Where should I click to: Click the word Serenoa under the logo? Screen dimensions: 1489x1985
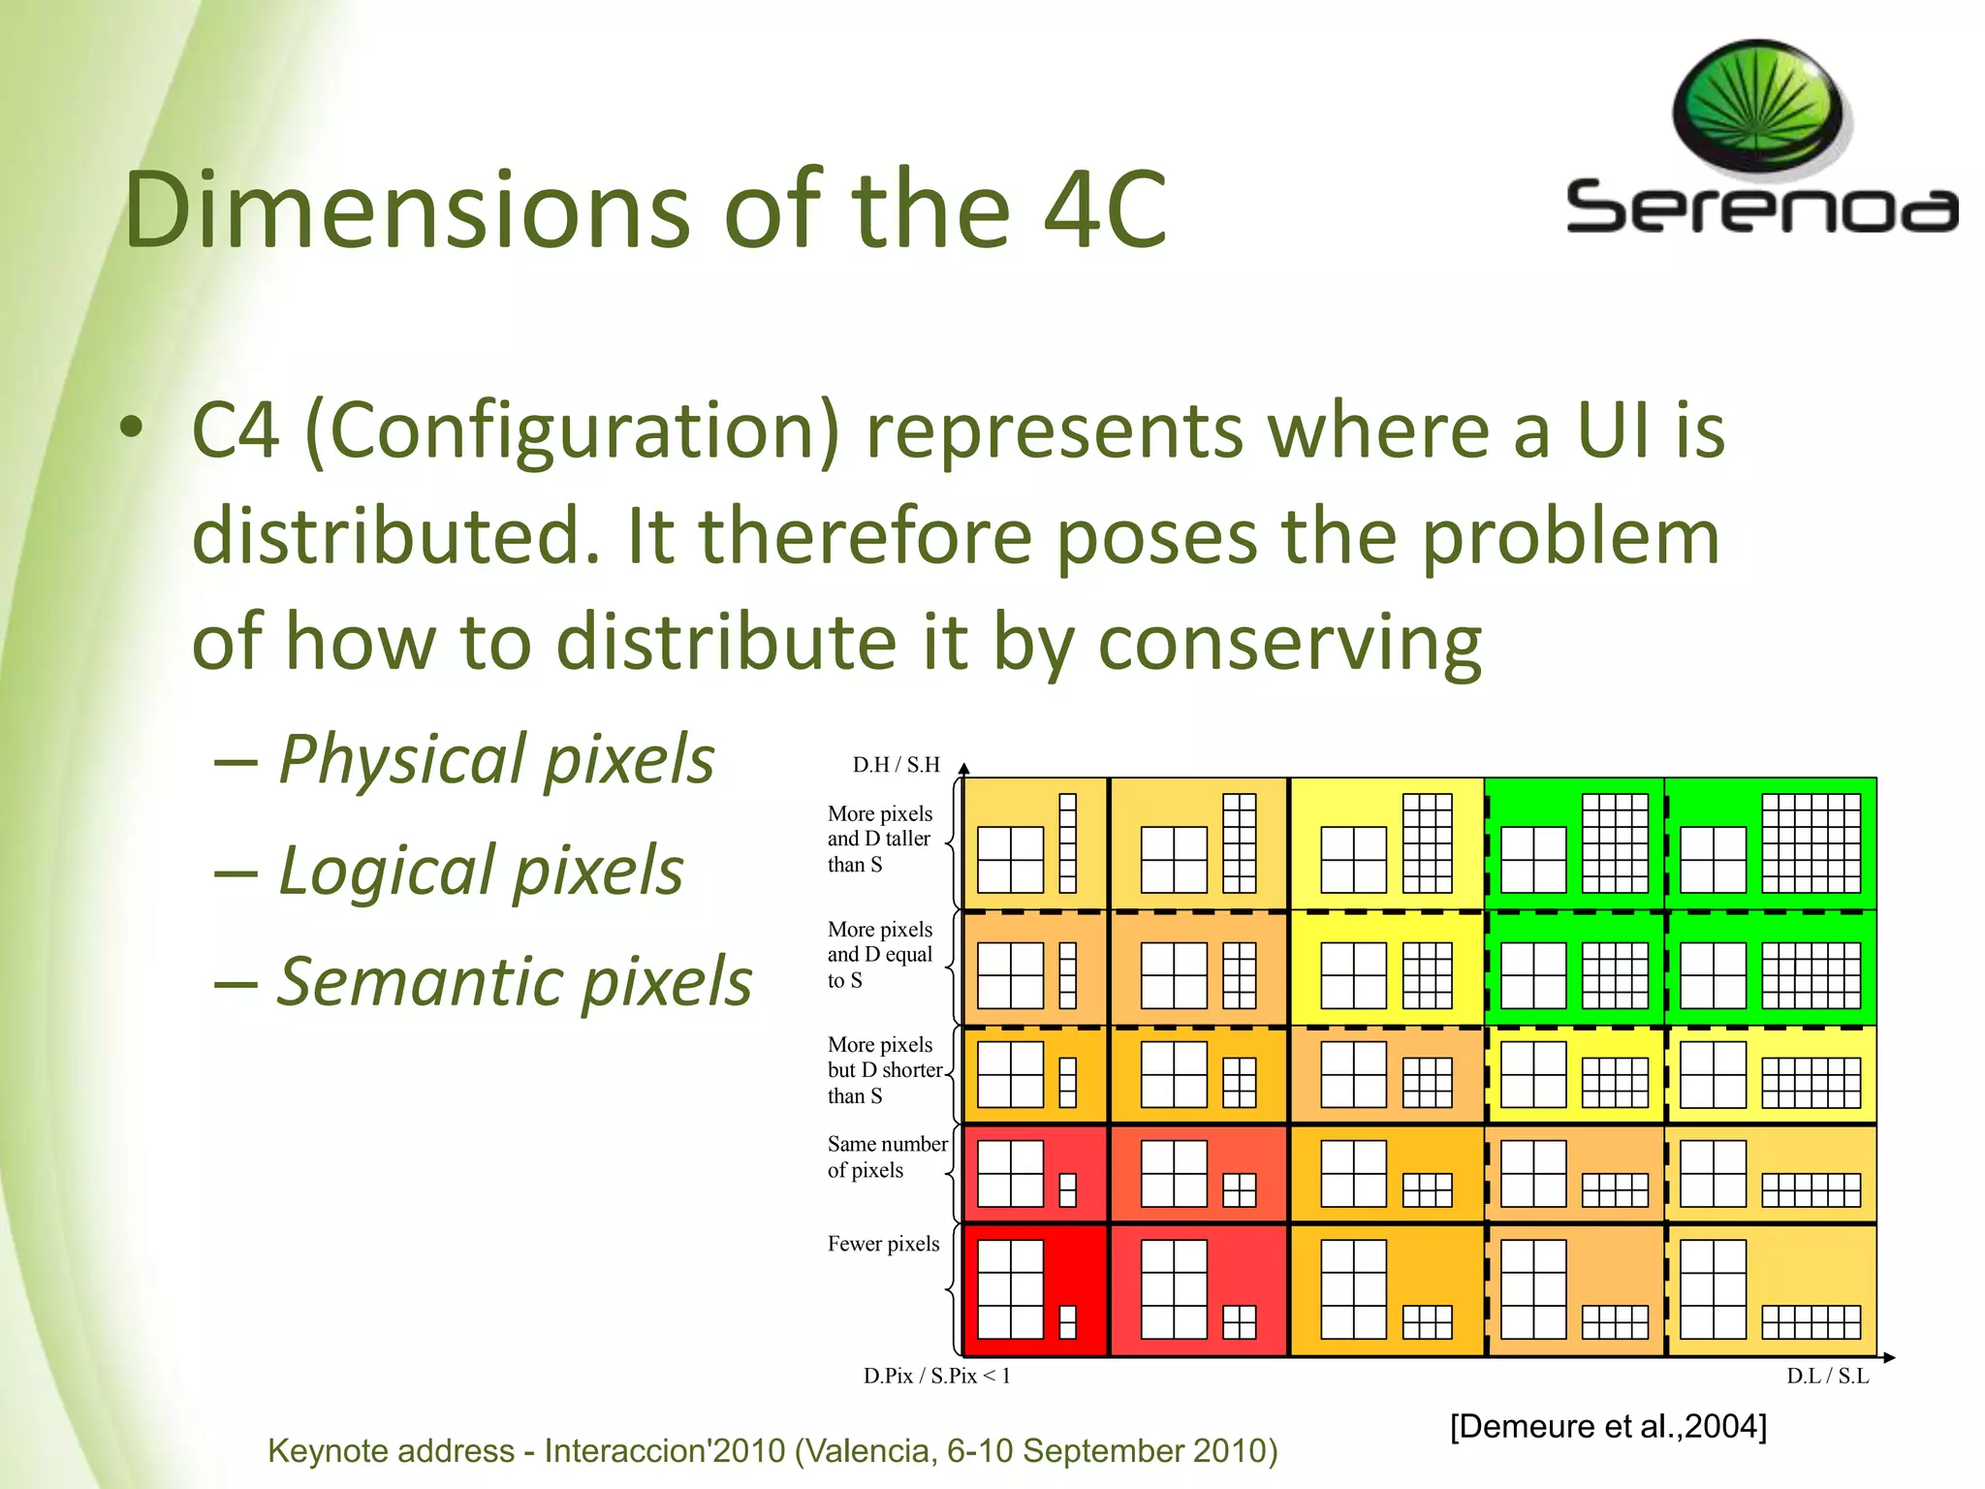click(x=1761, y=207)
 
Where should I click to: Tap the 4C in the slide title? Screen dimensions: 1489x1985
click(x=1104, y=209)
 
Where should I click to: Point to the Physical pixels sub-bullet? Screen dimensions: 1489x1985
click(x=495, y=759)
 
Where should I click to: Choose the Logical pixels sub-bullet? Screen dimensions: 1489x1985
click(x=480, y=871)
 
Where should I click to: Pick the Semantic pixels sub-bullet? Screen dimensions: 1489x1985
click(x=514, y=981)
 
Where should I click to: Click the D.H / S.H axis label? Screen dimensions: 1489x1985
click(x=896, y=765)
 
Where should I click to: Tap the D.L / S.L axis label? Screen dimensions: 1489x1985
click(x=1827, y=1376)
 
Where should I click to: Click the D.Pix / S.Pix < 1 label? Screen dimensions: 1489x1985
click(x=936, y=1376)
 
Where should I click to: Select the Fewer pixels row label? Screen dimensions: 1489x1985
click(x=883, y=1244)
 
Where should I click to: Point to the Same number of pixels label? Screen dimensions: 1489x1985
click(x=887, y=1157)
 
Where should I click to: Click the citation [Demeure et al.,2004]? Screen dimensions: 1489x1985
click(x=1608, y=1426)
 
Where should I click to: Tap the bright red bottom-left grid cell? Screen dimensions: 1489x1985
click(x=1035, y=1289)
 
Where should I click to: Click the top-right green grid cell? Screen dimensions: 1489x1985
click(x=1771, y=842)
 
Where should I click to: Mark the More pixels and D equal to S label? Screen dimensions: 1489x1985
click(x=879, y=955)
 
